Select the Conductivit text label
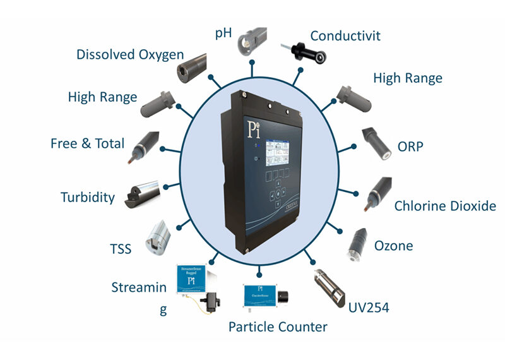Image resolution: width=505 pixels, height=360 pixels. point(345,35)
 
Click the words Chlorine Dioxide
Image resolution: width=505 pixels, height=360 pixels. point(444,206)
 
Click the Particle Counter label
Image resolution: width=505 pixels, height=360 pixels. point(278,327)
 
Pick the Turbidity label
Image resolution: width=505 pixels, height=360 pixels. point(88,197)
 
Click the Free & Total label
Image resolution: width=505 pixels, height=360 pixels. point(88,143)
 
